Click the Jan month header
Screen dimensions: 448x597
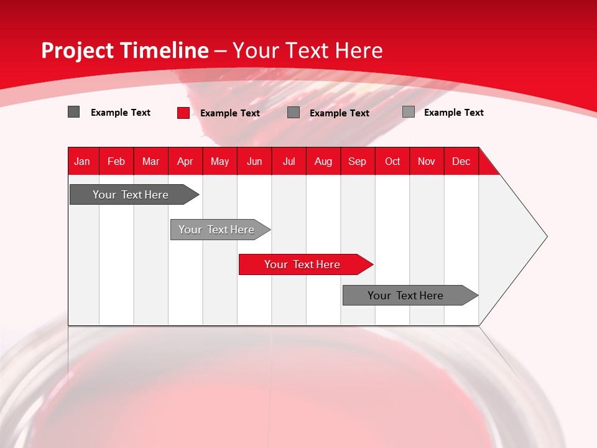[82, 161]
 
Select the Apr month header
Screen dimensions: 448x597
[185, 161]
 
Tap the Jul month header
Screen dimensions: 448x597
[289, 161]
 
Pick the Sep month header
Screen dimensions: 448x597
[357, 161]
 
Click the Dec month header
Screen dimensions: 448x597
[461, 161]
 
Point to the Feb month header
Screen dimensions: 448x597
[116, 161]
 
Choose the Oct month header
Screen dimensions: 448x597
[392, 161]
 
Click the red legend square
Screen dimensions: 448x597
[183, 113]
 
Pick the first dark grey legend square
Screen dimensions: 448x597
[73, 112]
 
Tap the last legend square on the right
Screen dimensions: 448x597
[409, 112]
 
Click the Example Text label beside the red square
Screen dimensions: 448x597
[230, 113]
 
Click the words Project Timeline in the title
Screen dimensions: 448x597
[125, 50]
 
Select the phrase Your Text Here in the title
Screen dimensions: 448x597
[307, 50]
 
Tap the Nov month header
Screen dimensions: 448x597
[427, 161]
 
